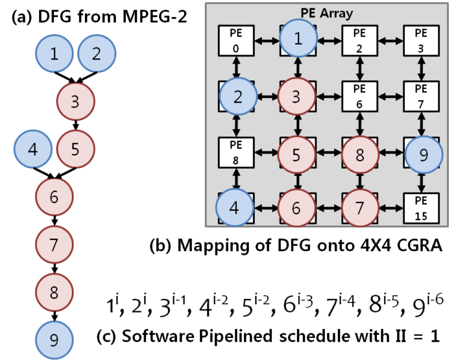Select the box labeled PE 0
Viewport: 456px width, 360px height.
(x=236, y=40)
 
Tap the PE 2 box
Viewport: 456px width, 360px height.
(x=359, y=40)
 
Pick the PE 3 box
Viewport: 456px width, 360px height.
(x=421, y=40)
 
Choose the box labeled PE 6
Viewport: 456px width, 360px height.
(x=359, y=96)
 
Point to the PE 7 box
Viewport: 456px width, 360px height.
(x=421, y=96)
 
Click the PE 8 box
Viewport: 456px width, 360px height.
(x=236, y=152)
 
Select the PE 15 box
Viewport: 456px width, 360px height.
(x=421, y=208)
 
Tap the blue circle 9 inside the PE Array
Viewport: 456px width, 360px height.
(x=423, y=154)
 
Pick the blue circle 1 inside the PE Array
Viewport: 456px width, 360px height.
(x=298, y=39)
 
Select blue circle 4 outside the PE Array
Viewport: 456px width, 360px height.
(x=33, y=149)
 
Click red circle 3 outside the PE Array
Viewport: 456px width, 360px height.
(x=75, y=101)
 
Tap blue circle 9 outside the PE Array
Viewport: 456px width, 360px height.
(x=54, y=340)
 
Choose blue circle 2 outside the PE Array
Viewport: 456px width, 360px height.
(x=97, y=54)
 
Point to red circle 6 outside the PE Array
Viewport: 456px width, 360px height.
(x=54, y=197)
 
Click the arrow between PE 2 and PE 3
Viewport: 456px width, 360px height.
(x=390, y=40)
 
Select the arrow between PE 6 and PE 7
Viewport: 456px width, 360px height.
(x=390, y=96)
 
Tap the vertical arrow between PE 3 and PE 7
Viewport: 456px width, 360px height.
(x=421, y=68)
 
